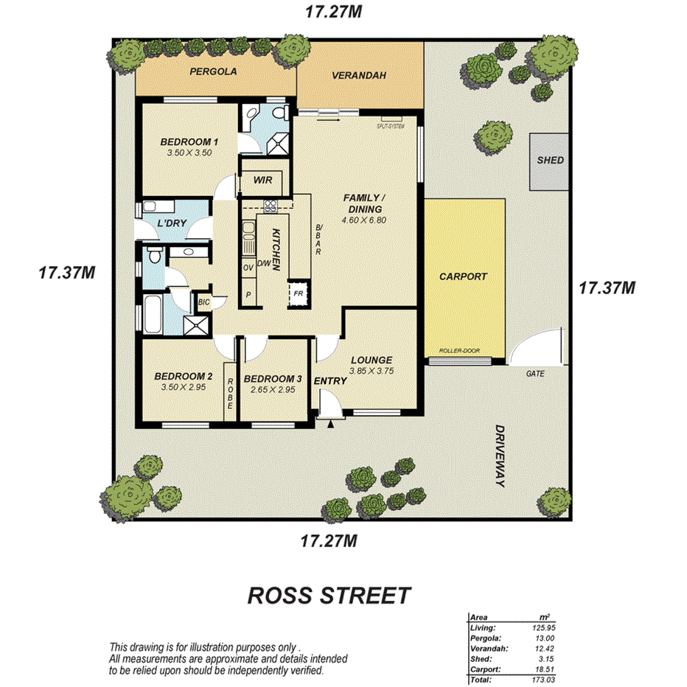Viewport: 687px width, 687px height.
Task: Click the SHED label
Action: pyautogui.click(x=550, y=160)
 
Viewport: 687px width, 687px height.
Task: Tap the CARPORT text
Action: pyautogui.click(x=463, y=276)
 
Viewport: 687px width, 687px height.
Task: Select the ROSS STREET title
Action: pyautogui.click(x=328, y=595)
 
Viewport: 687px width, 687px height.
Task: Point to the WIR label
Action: pyautogui.click(x=263, y=180)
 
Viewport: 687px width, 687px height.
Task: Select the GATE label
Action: pyautogui.click(x=534, y=374)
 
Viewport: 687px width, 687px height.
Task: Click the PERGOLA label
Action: pyautogui.click(x=212, y=72)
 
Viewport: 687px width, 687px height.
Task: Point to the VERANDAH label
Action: pyautogui.click(x=359, y=75)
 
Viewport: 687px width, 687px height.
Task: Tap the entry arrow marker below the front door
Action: pyautogui.click(x=331, y=423)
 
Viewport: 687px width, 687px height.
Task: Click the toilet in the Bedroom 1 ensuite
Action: pyautogui.click(x=279, y=114)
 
